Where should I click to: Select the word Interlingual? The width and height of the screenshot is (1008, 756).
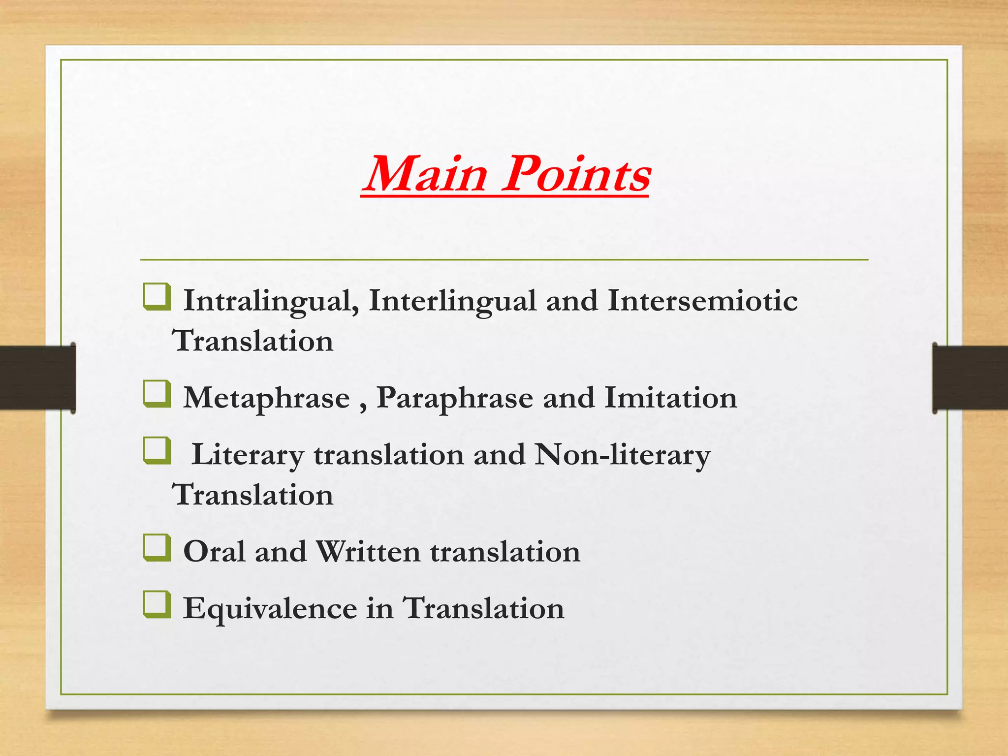452,301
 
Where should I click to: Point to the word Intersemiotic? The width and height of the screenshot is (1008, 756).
702,301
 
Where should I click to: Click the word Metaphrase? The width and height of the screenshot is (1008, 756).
266,398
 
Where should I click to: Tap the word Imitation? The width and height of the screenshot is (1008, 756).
670,398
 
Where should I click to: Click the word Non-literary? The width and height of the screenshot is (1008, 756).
623,455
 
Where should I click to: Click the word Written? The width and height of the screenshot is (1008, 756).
368,552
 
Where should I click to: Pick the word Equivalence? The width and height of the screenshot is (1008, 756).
270,609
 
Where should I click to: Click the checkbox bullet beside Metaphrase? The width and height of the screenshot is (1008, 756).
157,395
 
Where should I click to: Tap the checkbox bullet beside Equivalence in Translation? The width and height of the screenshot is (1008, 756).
157,605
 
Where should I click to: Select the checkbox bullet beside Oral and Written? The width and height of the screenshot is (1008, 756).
157,548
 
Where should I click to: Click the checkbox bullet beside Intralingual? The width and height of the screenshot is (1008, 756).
157,297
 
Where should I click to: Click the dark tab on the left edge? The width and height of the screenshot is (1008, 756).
37,378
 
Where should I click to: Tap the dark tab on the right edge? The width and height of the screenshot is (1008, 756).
970,378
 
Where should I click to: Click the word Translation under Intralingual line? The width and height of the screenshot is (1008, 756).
252,341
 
